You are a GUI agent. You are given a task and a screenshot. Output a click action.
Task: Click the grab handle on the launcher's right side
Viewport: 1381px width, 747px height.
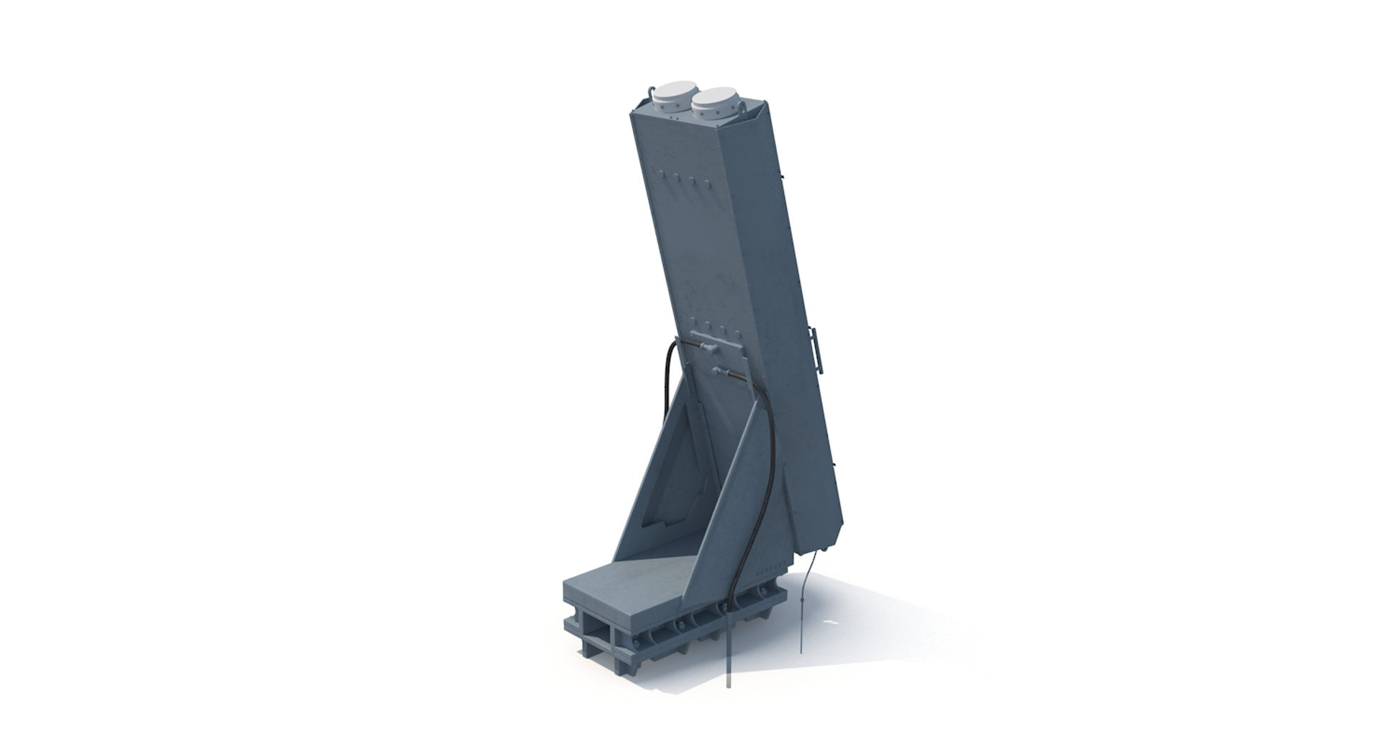click(x=816, y=348)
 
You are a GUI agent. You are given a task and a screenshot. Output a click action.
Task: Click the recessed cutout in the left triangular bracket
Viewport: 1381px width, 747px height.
click(x=676, y=468)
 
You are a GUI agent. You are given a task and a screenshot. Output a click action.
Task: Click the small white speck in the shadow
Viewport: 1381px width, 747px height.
click(x=832, y=622)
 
